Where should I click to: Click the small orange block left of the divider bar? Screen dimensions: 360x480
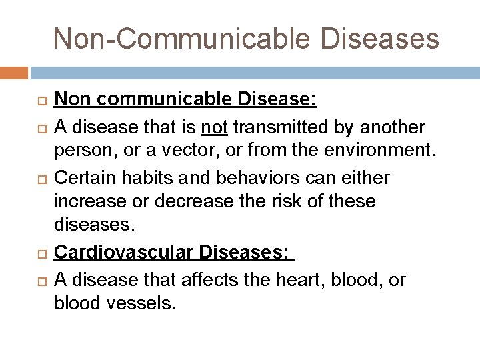tap(13, 72)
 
